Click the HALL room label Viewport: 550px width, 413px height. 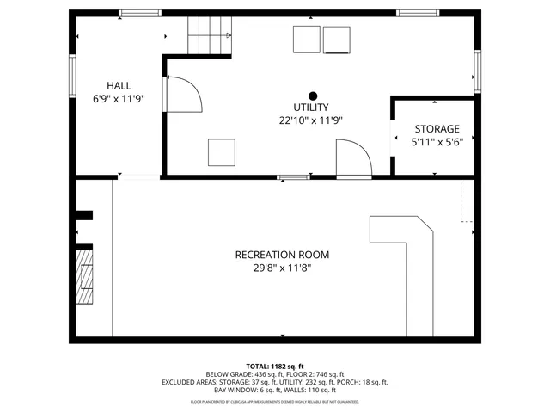click(119, 85)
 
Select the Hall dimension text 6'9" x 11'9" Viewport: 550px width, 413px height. click(119, 99)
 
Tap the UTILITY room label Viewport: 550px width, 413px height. click(312, 108)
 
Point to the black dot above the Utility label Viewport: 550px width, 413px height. click(313, 96)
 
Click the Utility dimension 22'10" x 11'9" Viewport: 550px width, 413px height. click(312, 121)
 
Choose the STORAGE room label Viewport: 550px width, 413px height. click(437, 129)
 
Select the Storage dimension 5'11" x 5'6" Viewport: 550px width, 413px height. click(437, 143)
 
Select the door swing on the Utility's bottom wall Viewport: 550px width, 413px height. click(352, 160)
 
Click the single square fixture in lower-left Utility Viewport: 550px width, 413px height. click(222, 151)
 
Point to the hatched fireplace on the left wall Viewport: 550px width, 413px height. click(84, 275)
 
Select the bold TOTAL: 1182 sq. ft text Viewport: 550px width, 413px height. click(275, 366)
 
